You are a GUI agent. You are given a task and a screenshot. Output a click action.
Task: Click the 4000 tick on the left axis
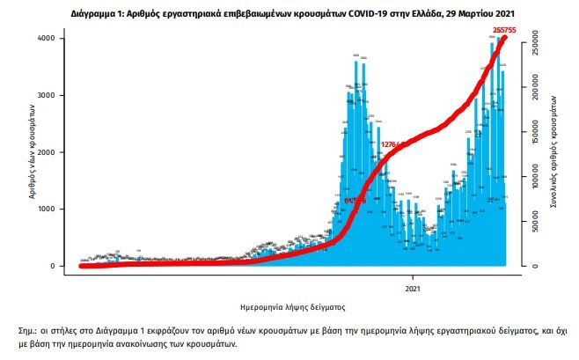(x=55, y=39)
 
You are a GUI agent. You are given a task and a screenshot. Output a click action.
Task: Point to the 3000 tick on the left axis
(x=55, y=96)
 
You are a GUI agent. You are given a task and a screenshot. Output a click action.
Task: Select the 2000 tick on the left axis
(x=55, y=152)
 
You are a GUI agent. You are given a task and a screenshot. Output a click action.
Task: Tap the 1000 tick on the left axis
(x=55, y=209)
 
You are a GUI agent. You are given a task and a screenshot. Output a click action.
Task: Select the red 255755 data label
(x=504, y=31)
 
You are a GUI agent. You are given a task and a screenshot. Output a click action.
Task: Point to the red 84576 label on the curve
(x=355, y=202)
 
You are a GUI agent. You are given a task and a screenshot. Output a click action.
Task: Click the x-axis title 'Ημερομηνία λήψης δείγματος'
(x=292, y=307)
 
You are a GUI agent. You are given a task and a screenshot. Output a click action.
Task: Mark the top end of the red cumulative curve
(x=504, y=38)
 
